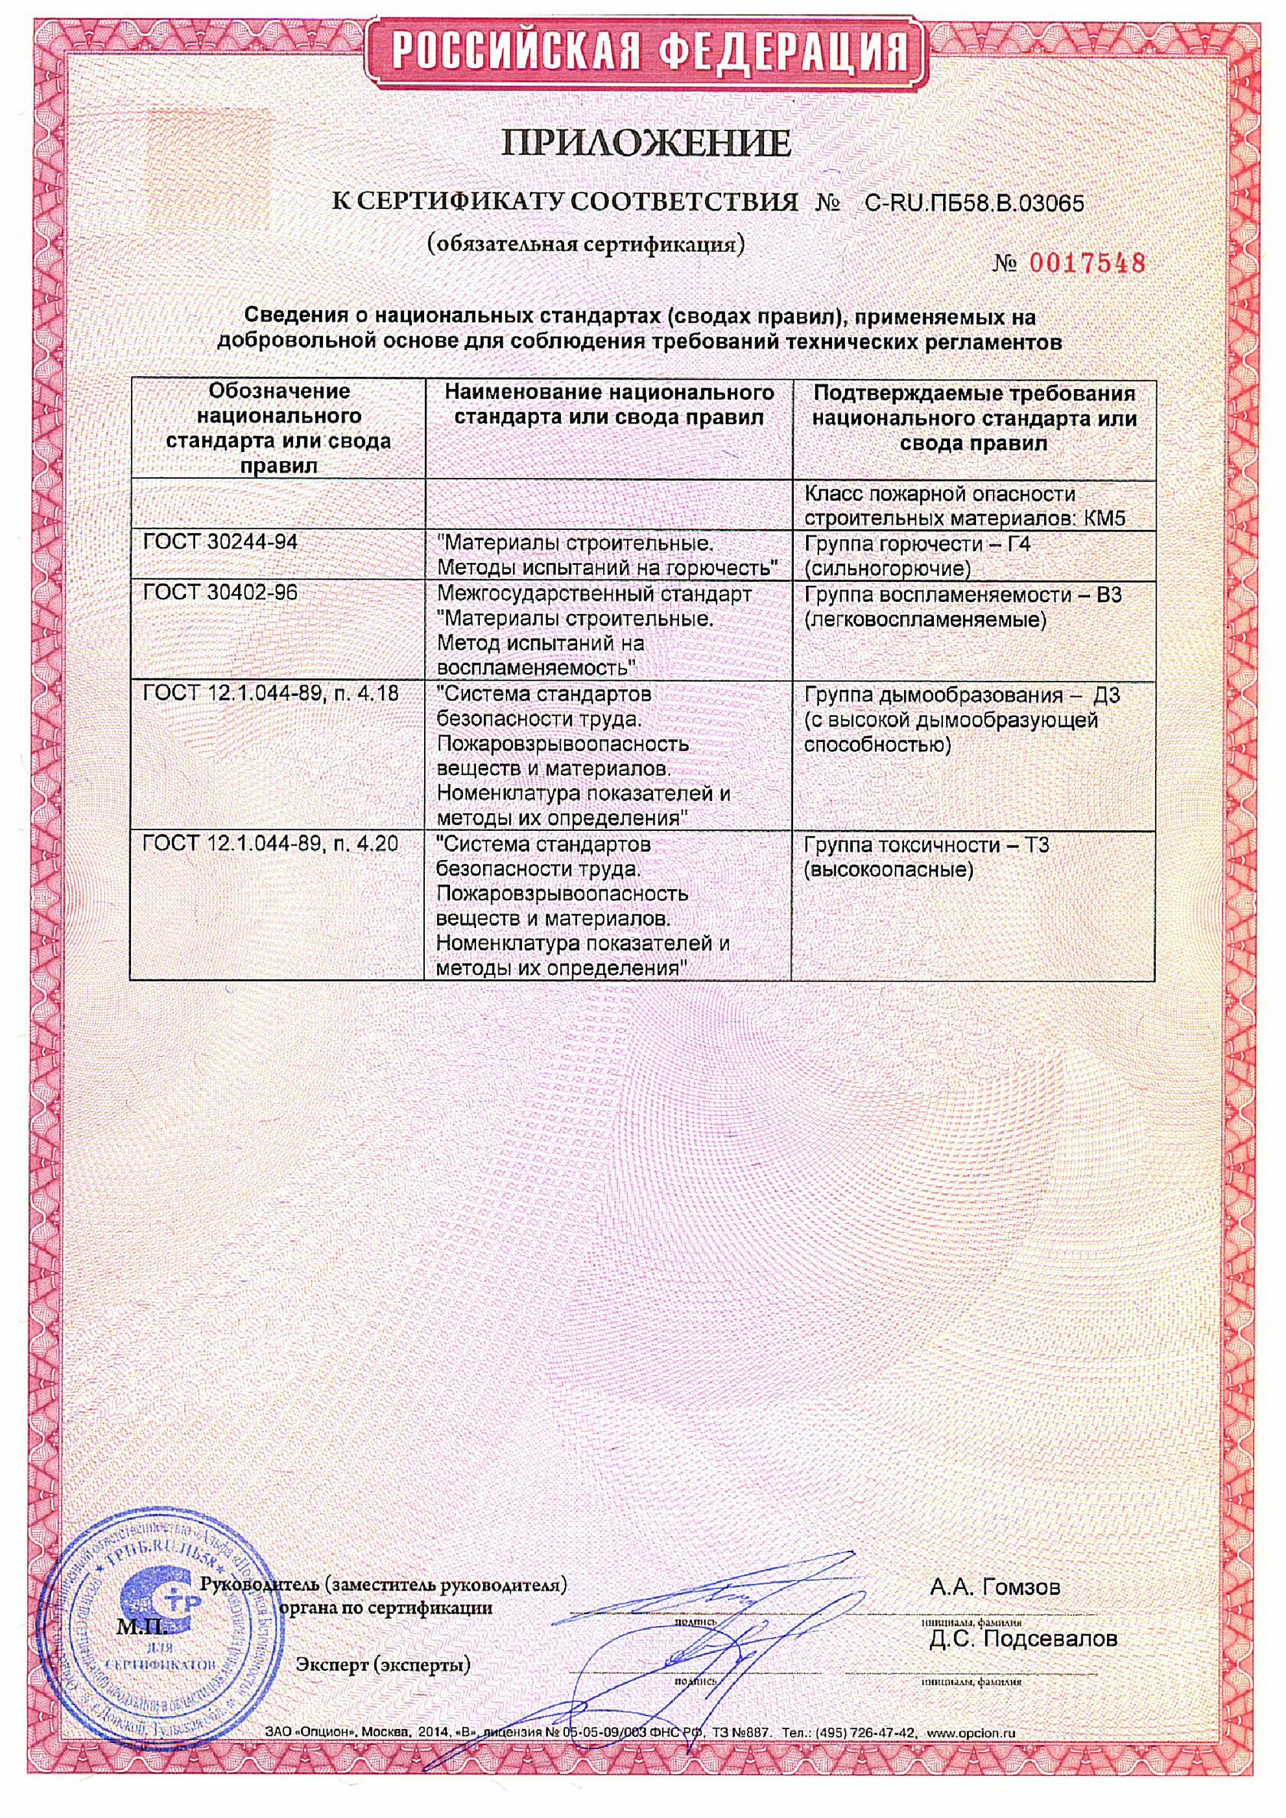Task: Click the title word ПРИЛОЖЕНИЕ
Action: pyautogui.click(x=643, y=144)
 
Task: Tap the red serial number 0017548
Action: pyautogui.click(x=1088, y=263)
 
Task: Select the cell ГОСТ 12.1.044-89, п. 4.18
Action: pyautogui.click(x=270, y=695)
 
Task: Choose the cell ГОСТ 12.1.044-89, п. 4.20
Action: pyautogui.click(x=270, y=845)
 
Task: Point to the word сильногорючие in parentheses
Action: pyautogui.click(x=887, y=568)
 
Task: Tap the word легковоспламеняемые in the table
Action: pyautogui.click(x=924, y=618)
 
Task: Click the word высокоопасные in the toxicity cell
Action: pyautogui.click(x=888, y=870)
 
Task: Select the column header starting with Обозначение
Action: pyautogui.click(x=278, y=428)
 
